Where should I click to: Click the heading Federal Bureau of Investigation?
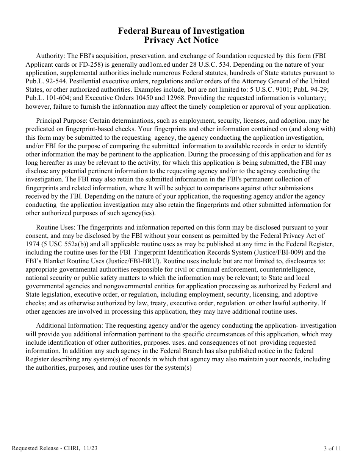[181, 31]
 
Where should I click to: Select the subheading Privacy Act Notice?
[181, 40]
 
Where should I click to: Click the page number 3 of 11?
[332, 448]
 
